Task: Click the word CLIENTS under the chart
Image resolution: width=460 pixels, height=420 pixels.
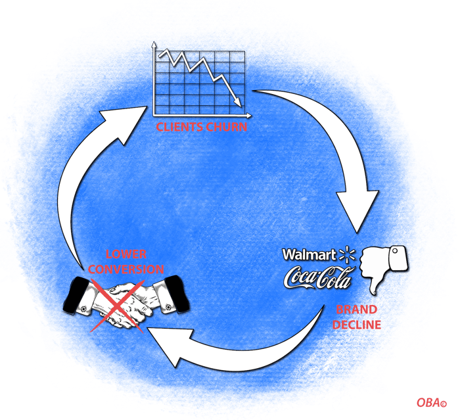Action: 179,127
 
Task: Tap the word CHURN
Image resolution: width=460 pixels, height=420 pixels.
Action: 227,127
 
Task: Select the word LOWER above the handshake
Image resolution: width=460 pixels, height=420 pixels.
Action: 126,254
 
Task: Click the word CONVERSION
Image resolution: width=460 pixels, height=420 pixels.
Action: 126,269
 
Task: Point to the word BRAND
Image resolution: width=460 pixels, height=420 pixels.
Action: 356,310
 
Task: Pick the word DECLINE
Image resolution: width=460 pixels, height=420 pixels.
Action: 356,325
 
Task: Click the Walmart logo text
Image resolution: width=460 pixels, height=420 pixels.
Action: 310,254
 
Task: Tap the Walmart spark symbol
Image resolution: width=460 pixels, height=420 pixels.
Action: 347,254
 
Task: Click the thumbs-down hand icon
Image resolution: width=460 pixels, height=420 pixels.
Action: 384,269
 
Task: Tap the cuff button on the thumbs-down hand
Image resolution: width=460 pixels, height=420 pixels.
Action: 395,251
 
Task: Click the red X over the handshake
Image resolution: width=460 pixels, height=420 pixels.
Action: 118,306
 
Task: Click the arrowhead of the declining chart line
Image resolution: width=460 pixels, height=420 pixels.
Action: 238,102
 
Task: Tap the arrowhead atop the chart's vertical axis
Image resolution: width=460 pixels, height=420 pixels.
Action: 153,45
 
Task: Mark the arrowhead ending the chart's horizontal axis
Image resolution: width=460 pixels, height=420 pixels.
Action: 248,116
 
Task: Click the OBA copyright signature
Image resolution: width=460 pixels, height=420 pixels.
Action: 432,402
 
